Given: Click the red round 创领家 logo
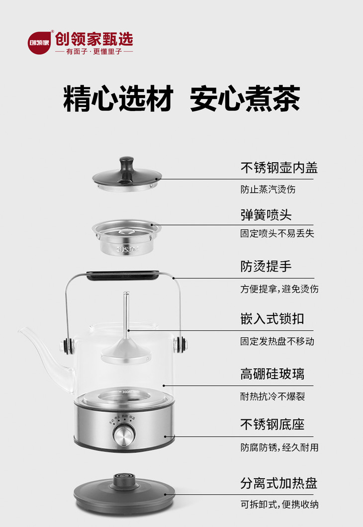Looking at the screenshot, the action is (39, 43).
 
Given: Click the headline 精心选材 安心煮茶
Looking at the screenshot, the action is (181, 99).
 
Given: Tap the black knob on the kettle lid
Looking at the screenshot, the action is (127, 169).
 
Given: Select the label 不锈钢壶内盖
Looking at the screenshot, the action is (278, 168).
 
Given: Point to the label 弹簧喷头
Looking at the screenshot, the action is (266, 215).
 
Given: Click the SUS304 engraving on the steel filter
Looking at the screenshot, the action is (128, 249).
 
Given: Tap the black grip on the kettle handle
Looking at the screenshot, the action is (123, 275).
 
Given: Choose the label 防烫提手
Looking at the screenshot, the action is (266, 267).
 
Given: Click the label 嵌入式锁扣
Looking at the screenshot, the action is (272, 319).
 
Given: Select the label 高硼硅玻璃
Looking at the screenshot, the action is (272, 374).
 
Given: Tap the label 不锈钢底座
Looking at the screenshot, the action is (272, 424).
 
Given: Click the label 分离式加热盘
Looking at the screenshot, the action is (278, 483).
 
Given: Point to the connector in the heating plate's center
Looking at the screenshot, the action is (124, 481).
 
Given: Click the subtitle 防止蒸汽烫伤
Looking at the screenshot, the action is (268, 189).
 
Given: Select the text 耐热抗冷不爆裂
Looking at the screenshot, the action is (272, 397).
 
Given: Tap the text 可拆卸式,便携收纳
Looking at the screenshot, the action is (279, 505).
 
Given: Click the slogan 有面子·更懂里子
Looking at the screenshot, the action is (94, 51).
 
